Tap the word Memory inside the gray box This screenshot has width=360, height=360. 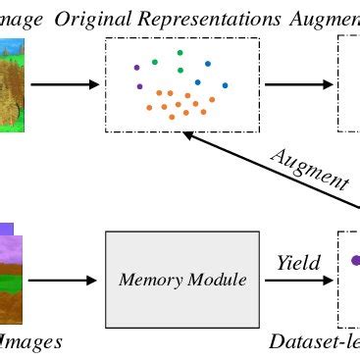point(149,281)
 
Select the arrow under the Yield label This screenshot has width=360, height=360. point(298,281)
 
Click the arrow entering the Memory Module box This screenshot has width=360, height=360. point(63,281)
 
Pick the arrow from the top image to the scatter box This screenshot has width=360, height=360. point(65,84)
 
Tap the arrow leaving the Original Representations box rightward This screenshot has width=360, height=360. point(298,84)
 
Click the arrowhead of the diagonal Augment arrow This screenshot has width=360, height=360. point(190,138)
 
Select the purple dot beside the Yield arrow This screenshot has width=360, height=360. point(356,261)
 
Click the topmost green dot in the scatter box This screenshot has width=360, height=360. point(180,53)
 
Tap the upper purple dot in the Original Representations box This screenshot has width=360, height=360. point(136,68)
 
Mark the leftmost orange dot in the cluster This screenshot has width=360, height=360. point(149,108)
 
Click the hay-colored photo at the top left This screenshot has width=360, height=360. point(12,84)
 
